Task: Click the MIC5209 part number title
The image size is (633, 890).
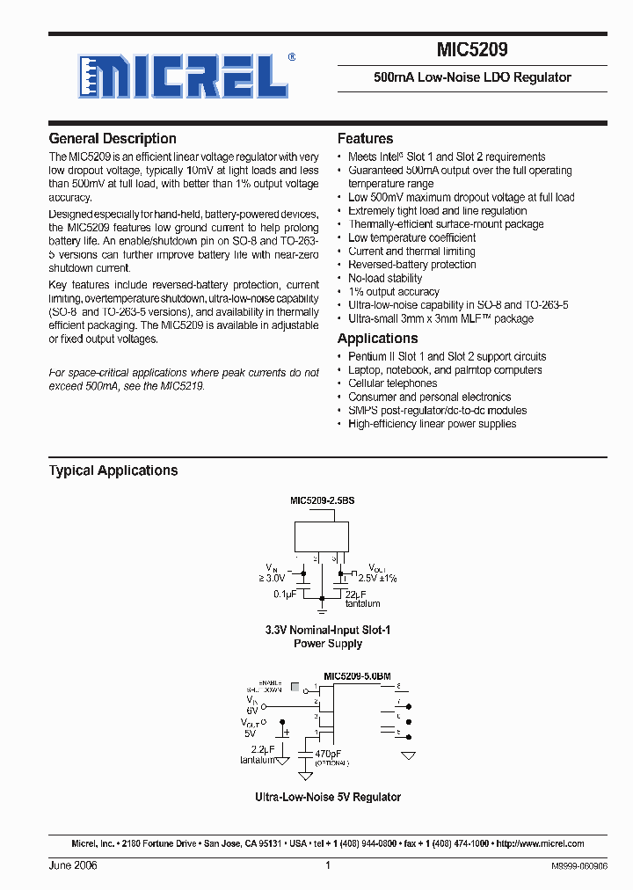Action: tap(471, 51)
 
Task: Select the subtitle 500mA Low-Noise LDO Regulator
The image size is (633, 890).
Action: tap(472, 77)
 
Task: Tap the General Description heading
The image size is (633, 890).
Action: tap(113, 139)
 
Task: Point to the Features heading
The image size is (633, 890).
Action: tap(365, 139)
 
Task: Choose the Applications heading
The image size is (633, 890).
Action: tap(377, 339)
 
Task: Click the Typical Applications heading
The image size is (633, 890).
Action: tap(113, 471)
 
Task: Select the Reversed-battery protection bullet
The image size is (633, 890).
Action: tap(411, 265)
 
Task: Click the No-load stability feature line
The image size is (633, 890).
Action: tap(385, 278)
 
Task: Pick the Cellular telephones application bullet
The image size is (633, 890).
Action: tap(392, 383)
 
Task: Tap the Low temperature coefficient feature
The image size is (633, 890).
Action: tap(411, 237)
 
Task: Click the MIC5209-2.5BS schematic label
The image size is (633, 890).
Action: tap(323, 500)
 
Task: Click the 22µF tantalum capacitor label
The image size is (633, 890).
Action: tap(362, 599)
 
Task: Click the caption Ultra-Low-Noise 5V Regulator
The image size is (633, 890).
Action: tap(327, 797)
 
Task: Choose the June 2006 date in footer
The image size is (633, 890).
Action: tap(73, 865)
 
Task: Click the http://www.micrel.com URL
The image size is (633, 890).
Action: tap(540, 843)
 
